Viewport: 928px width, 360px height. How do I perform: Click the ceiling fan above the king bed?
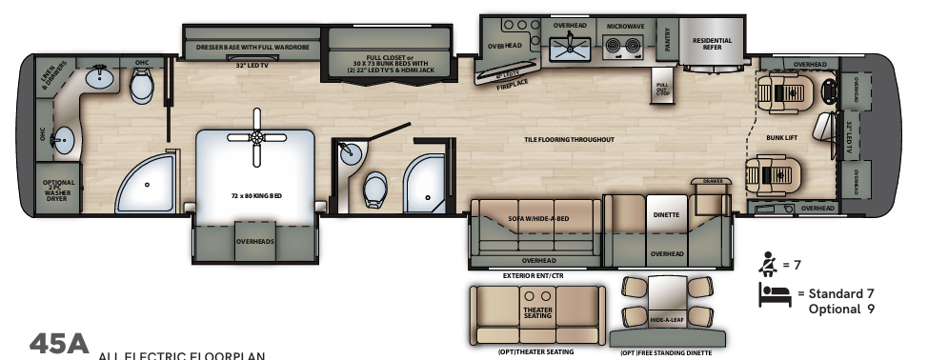click(255, 136)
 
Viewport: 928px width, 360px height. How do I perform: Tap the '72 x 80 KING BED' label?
click(256, 195)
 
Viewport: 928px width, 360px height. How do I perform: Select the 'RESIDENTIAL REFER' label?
click(712, 43)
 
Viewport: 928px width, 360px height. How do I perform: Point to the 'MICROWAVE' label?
click(623, 26)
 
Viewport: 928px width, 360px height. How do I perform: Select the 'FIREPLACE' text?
click(511, 84)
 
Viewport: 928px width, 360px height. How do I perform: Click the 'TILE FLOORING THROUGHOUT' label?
click(569, 140)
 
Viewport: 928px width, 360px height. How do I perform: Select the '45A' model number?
click(57, 344)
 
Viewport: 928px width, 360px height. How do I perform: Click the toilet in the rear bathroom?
click(142, 89)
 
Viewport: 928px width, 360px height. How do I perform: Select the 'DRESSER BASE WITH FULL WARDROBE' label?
click(252, 45)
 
